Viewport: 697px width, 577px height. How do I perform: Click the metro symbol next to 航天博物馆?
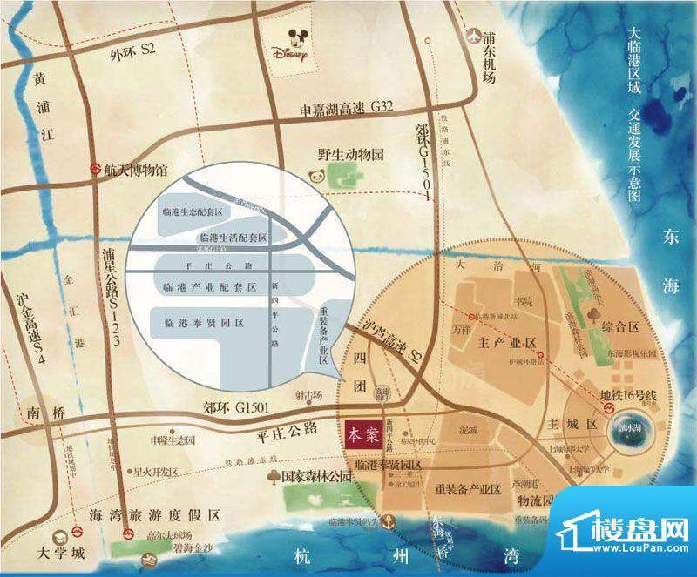[95, 171]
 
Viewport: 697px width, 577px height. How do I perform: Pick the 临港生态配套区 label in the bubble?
[193, 211]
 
